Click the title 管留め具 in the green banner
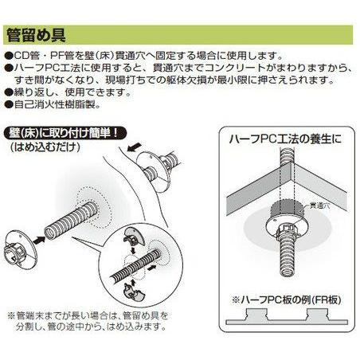(x=35, y=36)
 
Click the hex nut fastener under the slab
(x=285, y=234)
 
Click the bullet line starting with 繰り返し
(x=65, y=92)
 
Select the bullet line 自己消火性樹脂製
(x=55, y=104)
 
